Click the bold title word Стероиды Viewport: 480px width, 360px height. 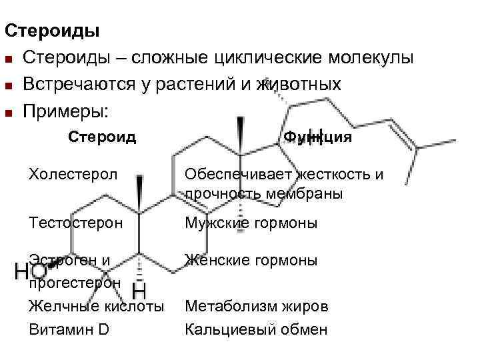coord(52,31)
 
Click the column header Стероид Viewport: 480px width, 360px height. coord(103,137)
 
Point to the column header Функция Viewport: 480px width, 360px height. coord(318,137)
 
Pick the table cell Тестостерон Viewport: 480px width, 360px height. coord(76,222)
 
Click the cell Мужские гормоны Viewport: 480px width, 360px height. coord(251,222)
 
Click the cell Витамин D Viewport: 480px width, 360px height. coord(69,329)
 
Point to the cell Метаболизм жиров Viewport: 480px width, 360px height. coord(257,307)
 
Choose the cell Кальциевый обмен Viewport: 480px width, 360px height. coord(256,329)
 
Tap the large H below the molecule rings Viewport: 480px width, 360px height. coord(139,291)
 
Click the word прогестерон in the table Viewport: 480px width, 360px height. coord(75,283)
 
